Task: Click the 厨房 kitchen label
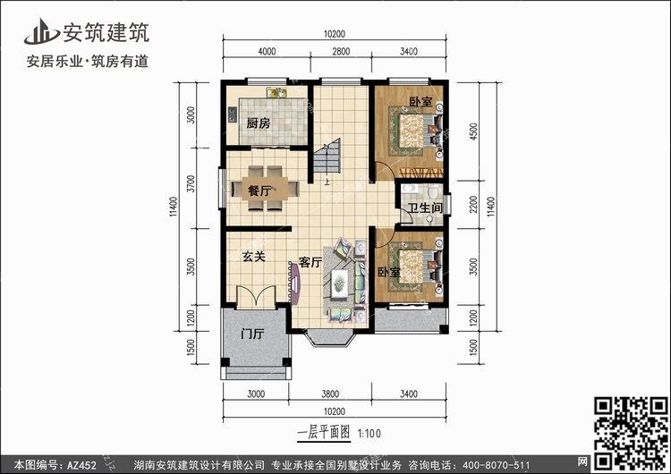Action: point(259,123)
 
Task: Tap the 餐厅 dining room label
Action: point(259,190)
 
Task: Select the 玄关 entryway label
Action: point(254,257)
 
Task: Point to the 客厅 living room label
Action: point(310,262)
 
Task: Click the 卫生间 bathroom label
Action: point(424,208)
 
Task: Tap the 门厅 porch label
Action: point(253,334)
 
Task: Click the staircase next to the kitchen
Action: point(327,156)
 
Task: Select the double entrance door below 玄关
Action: point(256,296)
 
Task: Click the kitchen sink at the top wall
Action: point(276,92)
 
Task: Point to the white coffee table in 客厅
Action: point(340,283)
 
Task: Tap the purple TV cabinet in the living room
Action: point(294,284)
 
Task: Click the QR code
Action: point(631,433)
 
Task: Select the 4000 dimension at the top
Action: point(267,52)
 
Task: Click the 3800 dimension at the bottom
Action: point(330,394)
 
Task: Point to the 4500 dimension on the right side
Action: point(473,131)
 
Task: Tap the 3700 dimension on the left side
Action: point(191,183)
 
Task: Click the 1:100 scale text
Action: point(369,434)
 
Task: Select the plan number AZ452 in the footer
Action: point(81,465)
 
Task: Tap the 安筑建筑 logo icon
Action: point(41,32)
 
